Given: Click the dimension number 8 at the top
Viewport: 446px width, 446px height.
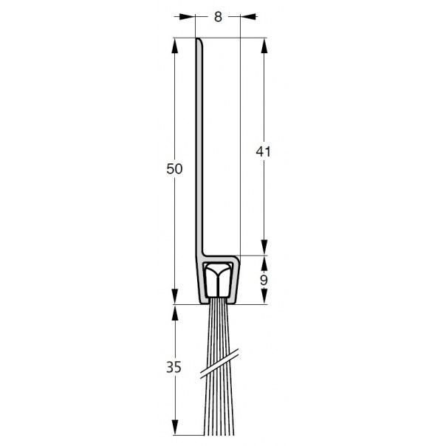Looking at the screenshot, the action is coord(218,17).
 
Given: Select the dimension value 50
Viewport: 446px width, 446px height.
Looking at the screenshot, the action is coord(174,168).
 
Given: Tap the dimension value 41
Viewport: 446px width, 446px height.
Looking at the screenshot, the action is coord(263,151).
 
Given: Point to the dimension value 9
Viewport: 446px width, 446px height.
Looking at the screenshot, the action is coord(264,280).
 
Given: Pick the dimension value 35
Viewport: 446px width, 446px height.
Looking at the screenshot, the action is coord(174,367).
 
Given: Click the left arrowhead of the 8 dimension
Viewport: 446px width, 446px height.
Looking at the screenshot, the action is coord(188,17).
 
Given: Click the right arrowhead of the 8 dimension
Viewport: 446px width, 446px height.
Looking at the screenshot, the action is coord(248,17).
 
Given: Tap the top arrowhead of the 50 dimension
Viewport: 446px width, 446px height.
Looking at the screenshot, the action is coord(175,46).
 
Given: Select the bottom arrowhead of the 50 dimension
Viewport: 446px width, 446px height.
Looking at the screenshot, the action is coord(175,297).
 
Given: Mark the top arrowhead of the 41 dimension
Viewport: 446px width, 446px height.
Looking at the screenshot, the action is coord(264,46).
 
